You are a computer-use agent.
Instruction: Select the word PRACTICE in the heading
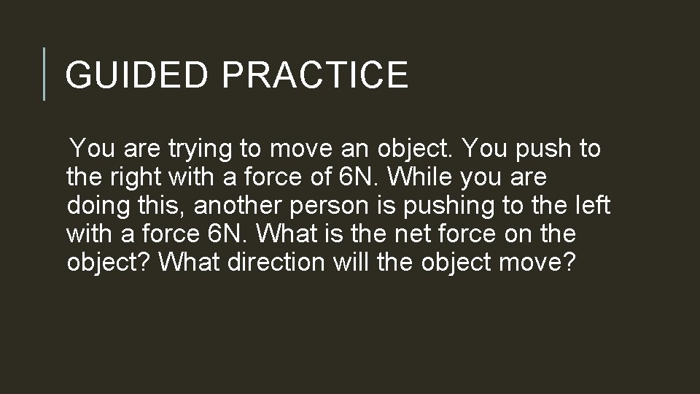(x=314, y=75)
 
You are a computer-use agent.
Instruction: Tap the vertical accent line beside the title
(x=44, y=74)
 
